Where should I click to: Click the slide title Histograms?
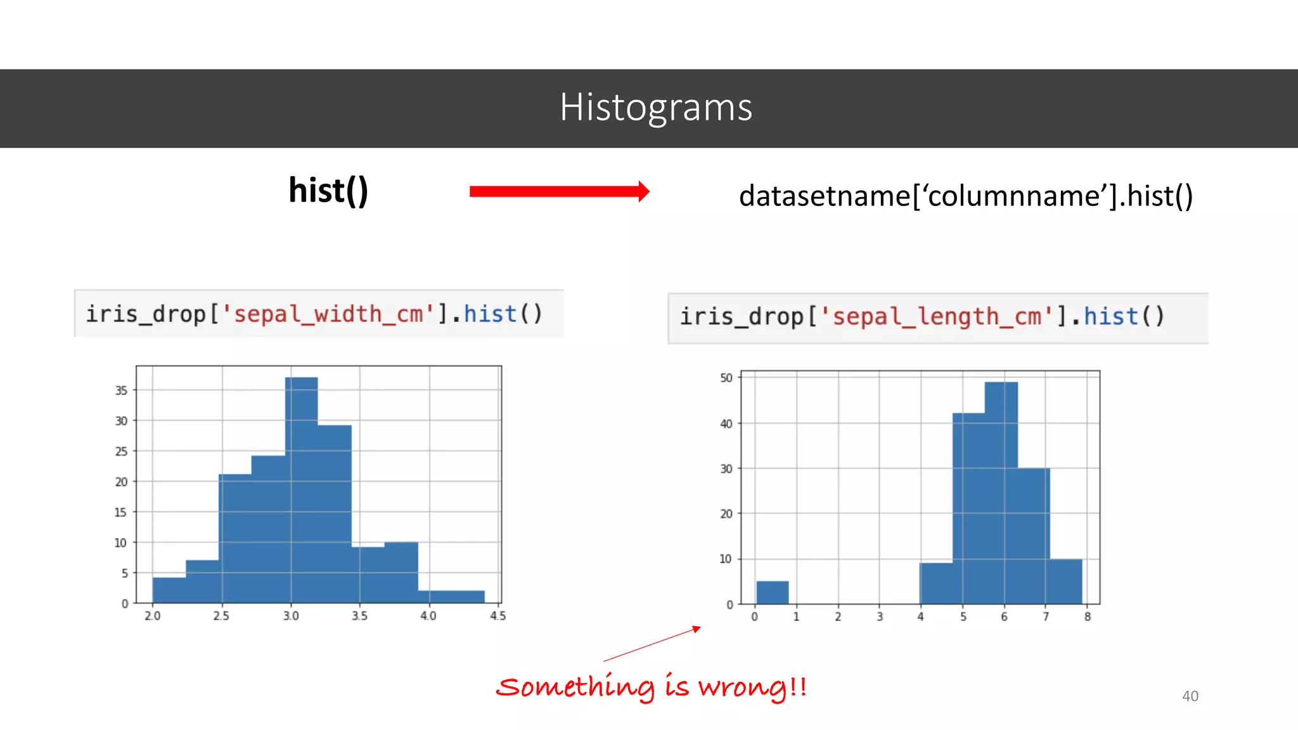tap(655, 108)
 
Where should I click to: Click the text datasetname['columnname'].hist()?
tap(965, 196)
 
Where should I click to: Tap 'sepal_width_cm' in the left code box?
tap(328, 314)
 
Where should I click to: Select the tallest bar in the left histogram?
tap(302, 488)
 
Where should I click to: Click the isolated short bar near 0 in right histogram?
tap(772, 592)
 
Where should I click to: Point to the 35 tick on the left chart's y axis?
tap(121, 390)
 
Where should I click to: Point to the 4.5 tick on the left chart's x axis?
tap(498, 616)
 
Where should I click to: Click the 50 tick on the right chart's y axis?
tap(726, 378)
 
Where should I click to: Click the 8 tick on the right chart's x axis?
tap(1088, 617)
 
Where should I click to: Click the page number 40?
tap(1190, 696)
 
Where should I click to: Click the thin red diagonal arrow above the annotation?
tap(653, 644)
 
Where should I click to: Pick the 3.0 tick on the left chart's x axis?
tap(291, 616)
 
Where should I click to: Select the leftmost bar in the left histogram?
tap(169, 590)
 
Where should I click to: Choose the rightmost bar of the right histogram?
tap(1065, 581)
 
